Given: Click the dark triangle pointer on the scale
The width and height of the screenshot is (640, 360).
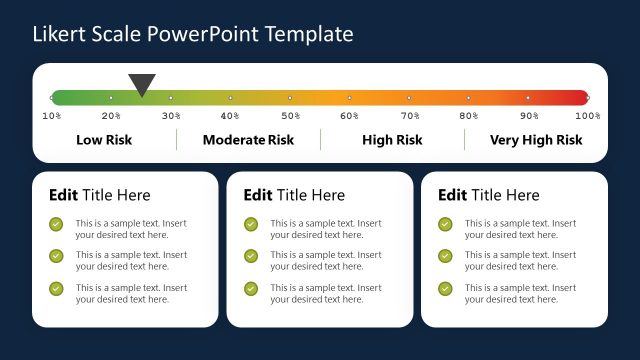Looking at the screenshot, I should pos(142,84).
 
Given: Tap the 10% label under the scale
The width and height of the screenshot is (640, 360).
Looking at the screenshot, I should pos(51,116).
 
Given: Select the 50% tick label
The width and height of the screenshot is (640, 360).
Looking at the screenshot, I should pos(290,116).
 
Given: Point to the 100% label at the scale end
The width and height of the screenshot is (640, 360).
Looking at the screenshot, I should pos(588,116).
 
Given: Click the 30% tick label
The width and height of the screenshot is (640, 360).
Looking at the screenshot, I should pos(171,116).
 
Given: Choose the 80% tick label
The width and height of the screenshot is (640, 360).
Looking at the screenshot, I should pos(468,116).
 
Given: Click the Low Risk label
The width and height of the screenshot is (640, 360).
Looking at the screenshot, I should pos(104,140).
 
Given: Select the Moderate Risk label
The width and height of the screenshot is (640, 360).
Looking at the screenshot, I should pos(248,140).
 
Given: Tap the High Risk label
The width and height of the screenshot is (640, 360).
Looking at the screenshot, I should pos(392,140).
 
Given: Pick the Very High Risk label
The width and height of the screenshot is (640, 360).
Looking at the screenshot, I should pos(536,140).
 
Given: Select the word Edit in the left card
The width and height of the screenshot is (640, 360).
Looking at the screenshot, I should pos(63,195).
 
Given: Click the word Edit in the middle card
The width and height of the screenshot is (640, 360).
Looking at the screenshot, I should pos(258,195).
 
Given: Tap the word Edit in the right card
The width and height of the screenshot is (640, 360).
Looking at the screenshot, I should pos(453,195).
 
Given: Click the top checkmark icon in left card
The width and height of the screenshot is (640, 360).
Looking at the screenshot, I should pos(56,225).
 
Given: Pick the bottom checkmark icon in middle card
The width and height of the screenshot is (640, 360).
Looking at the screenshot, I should pos(251,289).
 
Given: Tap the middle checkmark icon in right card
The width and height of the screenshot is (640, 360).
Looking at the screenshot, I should pos(445,257).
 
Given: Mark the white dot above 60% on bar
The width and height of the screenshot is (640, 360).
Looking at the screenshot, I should pos(349,98).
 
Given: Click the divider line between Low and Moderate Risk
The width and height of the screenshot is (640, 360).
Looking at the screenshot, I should pos(176,140).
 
